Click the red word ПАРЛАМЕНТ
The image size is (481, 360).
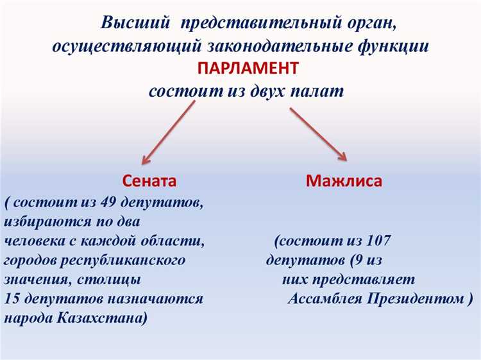[x=248, y=68]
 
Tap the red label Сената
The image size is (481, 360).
[x=149, y=180]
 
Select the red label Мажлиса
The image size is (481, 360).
[x=344, y=180]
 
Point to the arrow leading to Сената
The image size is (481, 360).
[x=168, y=132]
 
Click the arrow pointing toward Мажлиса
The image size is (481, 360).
[x=318, y=133]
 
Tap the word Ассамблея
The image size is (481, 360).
[x=326, y=298]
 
